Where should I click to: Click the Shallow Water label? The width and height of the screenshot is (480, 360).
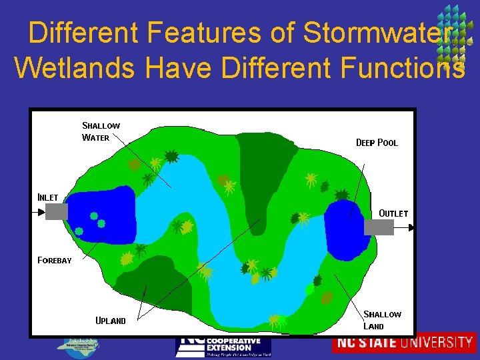click(x=101, y=131)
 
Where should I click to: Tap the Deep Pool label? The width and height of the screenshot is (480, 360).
click(x=377, y=143)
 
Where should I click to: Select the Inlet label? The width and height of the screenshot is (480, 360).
click(x=47, y=197)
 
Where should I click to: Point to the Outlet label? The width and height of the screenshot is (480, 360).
click(x=393, y=213)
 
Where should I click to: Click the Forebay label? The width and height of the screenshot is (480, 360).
click(x=54, y=260)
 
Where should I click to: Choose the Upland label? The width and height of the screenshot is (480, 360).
click(x=111, y=321)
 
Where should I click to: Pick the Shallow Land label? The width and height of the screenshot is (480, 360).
click(x=382, y=320)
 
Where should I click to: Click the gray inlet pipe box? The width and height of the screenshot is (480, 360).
click(x=57, y=211)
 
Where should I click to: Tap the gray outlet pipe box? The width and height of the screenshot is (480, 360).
click(x=379, y=227)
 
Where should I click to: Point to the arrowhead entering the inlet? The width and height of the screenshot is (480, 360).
click(x=41, y=212)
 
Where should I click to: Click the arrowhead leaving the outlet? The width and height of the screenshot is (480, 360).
click(x=409, y=228)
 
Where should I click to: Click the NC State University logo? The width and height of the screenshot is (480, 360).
click(x=404, y=343)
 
